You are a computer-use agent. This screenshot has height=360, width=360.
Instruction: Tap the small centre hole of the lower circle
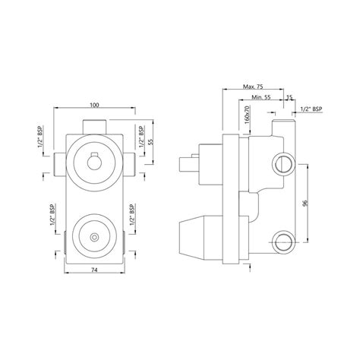(93, 238)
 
